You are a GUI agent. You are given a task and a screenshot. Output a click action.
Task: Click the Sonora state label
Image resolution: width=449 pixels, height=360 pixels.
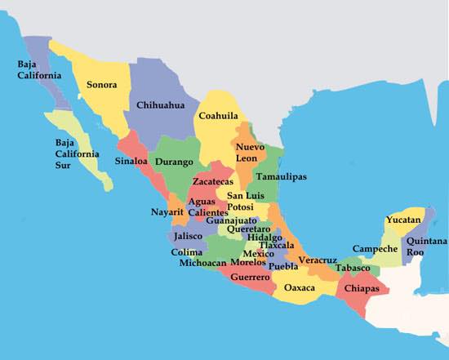coord(101,84)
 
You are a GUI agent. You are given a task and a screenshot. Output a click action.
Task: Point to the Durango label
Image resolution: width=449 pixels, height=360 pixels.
coord(174,162)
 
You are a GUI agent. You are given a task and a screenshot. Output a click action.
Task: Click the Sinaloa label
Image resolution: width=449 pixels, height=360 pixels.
coord(131,161)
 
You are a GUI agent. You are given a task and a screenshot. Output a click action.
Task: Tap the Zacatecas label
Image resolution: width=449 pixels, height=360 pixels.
coord(213,181)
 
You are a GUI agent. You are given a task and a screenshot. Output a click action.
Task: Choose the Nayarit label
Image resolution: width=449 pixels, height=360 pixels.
coord(167,212)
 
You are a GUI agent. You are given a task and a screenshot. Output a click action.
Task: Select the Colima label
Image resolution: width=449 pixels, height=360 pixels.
coord(186,252)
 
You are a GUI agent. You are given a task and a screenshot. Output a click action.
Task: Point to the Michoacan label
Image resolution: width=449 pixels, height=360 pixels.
coord(203,264)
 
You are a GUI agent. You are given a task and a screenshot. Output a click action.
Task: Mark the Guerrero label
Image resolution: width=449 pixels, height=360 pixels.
coord(250,278)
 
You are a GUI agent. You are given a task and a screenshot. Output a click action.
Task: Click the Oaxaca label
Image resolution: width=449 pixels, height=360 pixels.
coord(300,287)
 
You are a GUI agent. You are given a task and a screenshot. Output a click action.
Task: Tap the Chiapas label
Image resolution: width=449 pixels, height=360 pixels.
coord(362,288)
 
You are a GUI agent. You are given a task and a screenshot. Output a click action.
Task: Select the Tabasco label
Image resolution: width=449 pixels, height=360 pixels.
coord(353,267)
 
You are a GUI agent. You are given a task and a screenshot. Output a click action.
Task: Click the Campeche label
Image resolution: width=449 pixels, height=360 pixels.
coord(375,248)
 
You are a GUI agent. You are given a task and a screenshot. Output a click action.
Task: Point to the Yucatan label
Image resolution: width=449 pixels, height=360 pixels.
coord(402,220)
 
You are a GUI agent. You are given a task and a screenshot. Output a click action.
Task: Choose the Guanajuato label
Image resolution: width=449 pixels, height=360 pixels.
coord(231,220)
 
